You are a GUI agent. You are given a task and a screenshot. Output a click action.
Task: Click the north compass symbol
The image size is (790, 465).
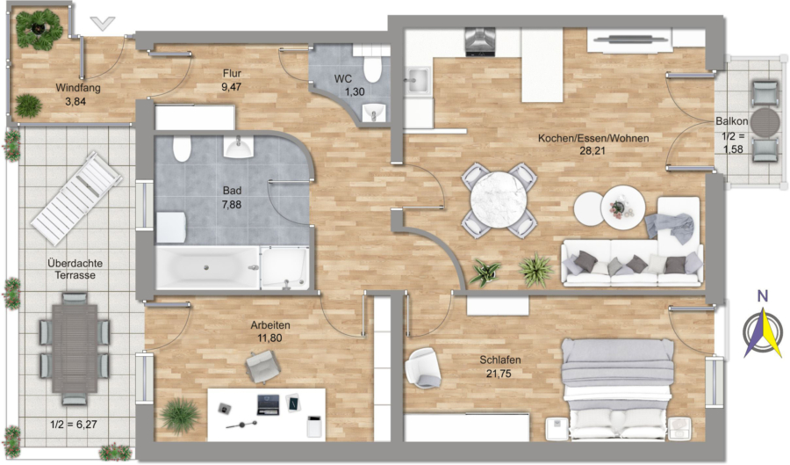pyautogui.click(x=763, y=330)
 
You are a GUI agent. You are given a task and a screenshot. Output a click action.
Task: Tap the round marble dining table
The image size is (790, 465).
pyautogui.click(x=499, y=200)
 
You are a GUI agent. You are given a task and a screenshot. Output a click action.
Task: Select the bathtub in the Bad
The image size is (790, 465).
pyautogui.click(x=208, y=268)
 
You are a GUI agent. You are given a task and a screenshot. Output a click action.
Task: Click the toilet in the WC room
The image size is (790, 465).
pyautogui.click(x=372, y=70)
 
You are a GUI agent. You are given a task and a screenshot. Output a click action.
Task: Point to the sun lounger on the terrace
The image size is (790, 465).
pyautogui.click(x=76, y=197)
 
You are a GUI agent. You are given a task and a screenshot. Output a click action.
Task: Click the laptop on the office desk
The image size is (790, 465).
pyautogui.click(x=268, y=405)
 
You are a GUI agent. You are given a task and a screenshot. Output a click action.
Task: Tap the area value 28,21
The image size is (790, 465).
pyautogui.click(x=592, y=150)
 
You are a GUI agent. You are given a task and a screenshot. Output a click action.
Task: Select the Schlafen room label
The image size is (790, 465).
pyautogui.click(x=499, y=360)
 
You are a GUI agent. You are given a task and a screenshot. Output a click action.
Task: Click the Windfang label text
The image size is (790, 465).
pyautogui.click(x=78, y=88)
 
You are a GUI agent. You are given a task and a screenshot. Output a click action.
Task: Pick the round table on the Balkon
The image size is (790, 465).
pyautogui.click(x=765, y=121)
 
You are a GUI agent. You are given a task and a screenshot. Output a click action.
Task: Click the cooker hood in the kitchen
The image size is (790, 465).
pyautogui.click(x=479, y=42)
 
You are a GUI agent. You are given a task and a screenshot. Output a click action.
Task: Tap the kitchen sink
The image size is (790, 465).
pyautogui.click(x=418, y=81)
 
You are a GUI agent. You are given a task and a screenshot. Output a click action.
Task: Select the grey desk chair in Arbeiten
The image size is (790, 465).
pyautogui.click(x=263, y=367)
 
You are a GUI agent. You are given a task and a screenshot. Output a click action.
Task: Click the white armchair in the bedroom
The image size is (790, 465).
pyautogui.click(x=423, y=368)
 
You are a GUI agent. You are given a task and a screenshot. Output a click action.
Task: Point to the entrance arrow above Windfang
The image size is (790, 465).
pyautogui.click(x=103, y=23)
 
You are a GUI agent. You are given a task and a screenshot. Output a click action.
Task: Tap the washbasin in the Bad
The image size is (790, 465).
pyautogui.click(x=238, y=147)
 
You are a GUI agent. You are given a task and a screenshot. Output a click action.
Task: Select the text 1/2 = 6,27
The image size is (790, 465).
pyautogui.click(x=74, y=425)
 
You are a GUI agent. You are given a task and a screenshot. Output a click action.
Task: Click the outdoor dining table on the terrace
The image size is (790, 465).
pyautogui.click(x=75, y=348)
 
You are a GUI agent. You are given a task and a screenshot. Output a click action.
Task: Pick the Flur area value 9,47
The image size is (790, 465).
pyautogui.click(x=231, y=87)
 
